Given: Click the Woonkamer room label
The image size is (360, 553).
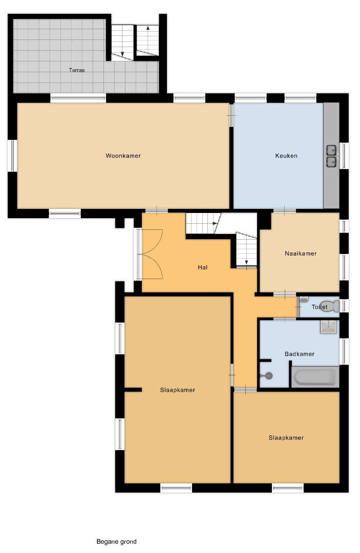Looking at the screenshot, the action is click(x=123, y=156).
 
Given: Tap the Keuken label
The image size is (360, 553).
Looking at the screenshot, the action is click(x=286, y=156).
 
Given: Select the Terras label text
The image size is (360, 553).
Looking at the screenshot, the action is click(x=76, y=70).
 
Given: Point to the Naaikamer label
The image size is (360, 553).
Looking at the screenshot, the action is click(x=301, y=253).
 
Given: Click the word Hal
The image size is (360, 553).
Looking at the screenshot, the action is click(x=202, y=267).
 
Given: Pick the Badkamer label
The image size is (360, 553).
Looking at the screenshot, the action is click(x=300, y=354).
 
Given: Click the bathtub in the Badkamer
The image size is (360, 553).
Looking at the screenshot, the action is click(x=315, y=377).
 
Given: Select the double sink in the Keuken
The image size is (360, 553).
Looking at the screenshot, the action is click(x=331, y=156).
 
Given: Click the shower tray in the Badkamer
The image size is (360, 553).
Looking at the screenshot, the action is click(x=329, y=327).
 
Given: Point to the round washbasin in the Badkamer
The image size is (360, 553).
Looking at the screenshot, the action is click(x=269, y=376).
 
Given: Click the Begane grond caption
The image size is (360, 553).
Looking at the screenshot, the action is click(x=116, y=541).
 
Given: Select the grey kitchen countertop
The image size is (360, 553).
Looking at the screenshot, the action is click(x=331, y=155).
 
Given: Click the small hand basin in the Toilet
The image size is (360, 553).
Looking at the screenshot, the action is click(x=304, y=300).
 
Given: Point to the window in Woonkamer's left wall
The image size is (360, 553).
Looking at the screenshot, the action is click(x=12, y=156).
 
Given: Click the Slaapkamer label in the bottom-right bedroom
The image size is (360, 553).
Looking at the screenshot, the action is click(x=286, y=438).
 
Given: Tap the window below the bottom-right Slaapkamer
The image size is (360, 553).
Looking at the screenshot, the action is click(x=288, y=488).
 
